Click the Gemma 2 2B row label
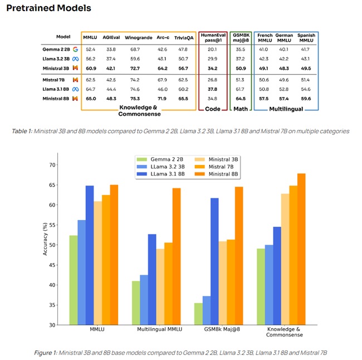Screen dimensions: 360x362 [x=55, y=49]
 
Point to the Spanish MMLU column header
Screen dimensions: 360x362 [x=306, y=37]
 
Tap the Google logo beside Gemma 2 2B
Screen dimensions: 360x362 [x=74, y=49]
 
